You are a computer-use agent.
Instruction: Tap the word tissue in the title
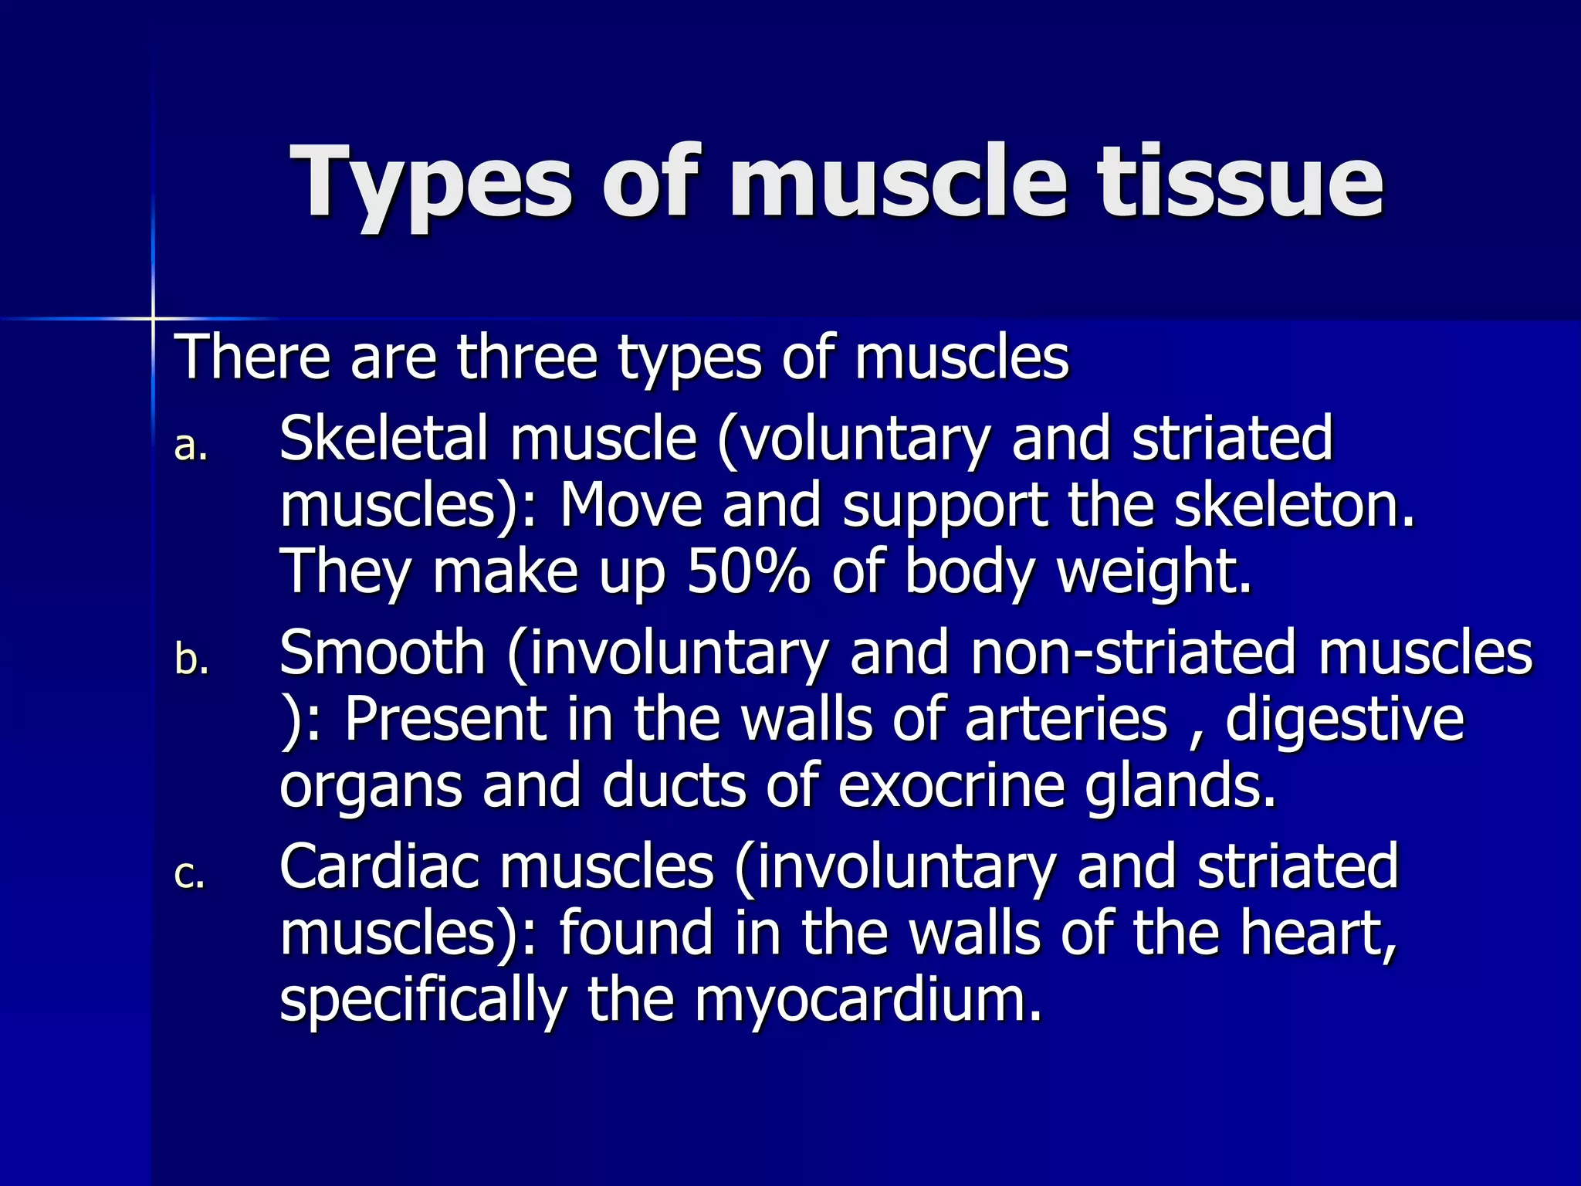pyautogui.click(x=1241, y=182)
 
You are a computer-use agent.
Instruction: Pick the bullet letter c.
pyautogui.click(x=190, y=875)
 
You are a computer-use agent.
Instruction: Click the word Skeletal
pyautogui.click(x=383, y=439)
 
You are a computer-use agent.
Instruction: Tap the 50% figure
pyautogui.click(x=748, y=571)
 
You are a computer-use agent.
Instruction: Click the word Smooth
pyautogui.click(x=382, y=653)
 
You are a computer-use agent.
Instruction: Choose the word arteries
pyautogui.click(x=1065, y=720)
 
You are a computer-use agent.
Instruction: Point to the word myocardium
pyautogui.click(x=868, y=1001)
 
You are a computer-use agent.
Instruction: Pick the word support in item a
pyautogui.click(x=944, y=507)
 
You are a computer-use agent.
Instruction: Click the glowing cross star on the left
pyautogui.click(x=153, y=317)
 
